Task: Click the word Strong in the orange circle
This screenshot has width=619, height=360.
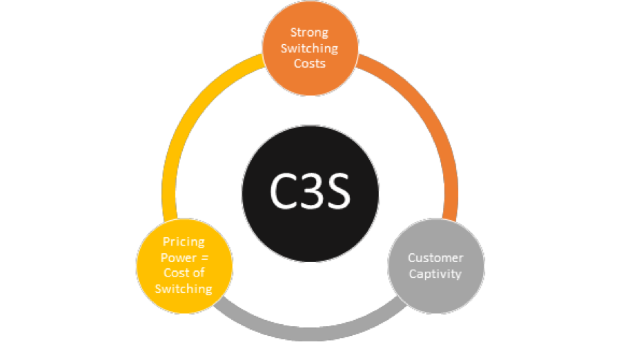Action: (309, 33)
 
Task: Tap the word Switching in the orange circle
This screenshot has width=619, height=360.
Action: (309, 48)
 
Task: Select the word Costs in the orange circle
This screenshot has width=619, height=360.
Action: (309, 63)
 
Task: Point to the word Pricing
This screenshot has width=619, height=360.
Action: (183, 243)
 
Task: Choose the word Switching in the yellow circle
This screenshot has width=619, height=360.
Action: (184, 288)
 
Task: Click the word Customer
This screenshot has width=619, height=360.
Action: (435, 258)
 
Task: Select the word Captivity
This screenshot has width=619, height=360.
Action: (435, 273)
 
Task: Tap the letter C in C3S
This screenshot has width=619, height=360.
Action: (284, 192)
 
